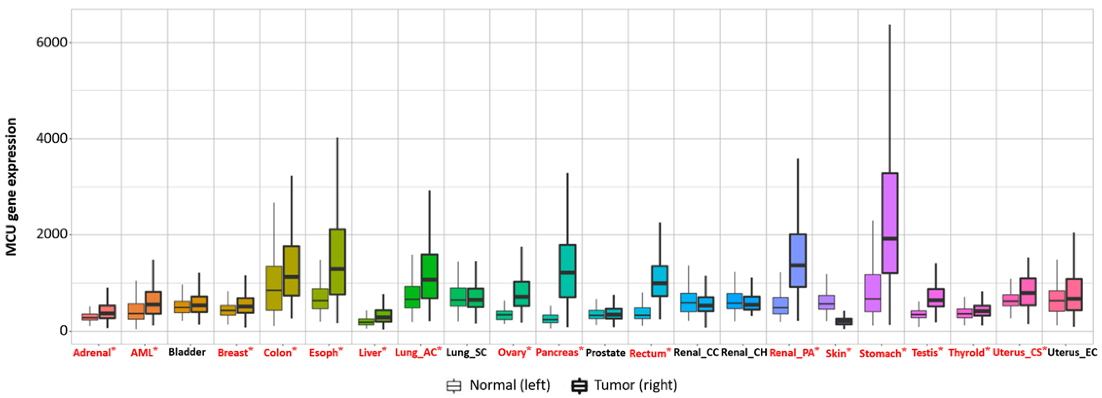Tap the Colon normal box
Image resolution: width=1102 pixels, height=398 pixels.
click(x=274, y=288)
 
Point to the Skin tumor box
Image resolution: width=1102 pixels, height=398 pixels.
click(x=844, y=321)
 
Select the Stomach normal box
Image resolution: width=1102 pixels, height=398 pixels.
click(x=872, y=293)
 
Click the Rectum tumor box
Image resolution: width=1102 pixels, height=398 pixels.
click(x=659, y=281)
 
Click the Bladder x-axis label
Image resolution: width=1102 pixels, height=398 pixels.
click(x=187, y=352)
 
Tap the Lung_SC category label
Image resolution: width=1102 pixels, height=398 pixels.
click(x=466, y=353)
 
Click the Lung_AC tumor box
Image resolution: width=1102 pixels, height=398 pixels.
click(x=429, y=276)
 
